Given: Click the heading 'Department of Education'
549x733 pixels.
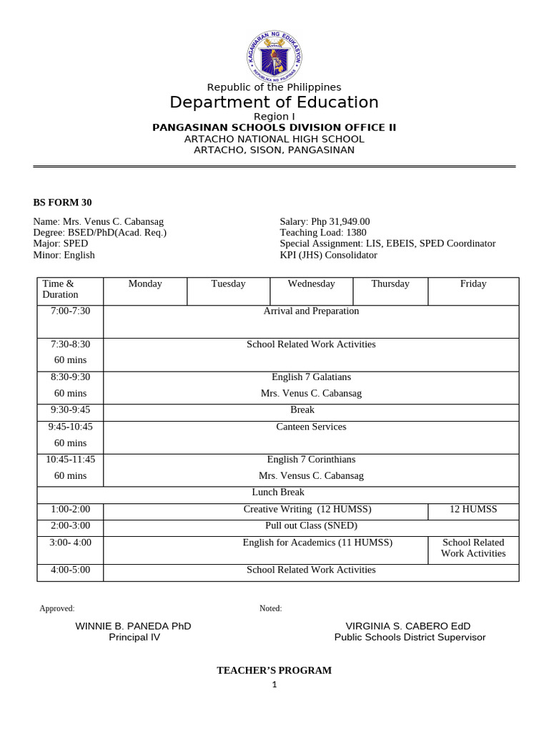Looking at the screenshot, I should (x=274, y=102).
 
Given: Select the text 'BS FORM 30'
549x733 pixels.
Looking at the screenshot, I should (x=62, y=203).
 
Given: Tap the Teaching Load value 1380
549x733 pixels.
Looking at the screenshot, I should (x=355, y=233).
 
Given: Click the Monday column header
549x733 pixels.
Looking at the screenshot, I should (x=145, y=284).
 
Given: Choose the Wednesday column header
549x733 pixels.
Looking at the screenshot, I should (x=311, y=284).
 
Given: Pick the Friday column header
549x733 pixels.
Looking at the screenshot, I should (x=473, y=284).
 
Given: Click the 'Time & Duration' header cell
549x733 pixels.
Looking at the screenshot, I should (x=60, y=289).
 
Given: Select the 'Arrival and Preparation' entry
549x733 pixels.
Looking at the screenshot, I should (x=311, y=311).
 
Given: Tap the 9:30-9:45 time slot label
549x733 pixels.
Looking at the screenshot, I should (x=70, y=410).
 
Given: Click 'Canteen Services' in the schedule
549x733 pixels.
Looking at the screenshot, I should (x=311, y=427).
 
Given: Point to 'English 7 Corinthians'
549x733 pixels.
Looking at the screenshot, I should (x=311, y=460).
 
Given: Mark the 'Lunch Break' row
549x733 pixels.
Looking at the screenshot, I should (x=278, y=492).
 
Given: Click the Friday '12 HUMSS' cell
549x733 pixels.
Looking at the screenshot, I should (x=473, y=510).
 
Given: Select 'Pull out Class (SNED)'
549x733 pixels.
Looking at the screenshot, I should (x=311, y=526).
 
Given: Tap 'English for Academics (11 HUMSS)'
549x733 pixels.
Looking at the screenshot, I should (x=317, y=543).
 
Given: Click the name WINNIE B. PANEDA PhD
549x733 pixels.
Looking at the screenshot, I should (x=134, y=626).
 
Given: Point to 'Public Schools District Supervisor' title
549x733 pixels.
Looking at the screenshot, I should (x=410, y=638).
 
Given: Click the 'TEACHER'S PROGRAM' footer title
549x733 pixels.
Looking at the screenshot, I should (x=274, y=671).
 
